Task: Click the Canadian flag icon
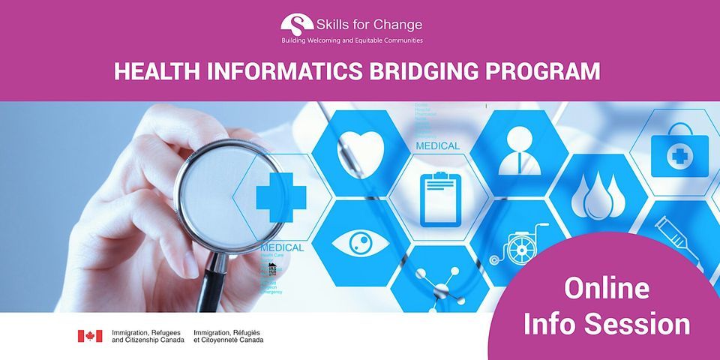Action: pyautogui.click(x=89, y=336)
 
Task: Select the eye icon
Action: pyautogui.click(x=361, y=243)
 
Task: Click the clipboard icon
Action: pyautogui.click(x=439, y=198)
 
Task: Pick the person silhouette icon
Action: pyautogui.click(x=518, y=149)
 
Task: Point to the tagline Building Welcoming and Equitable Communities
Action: pyautogui.click(x=352, y=40)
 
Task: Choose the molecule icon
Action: pyautogui.click(x=438, y=285)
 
